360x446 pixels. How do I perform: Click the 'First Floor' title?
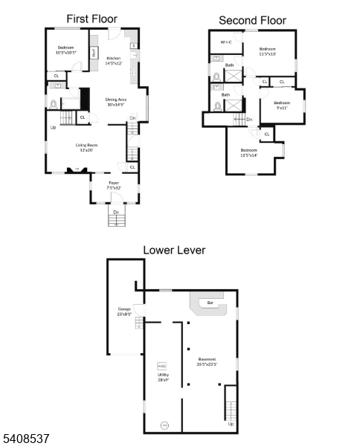(91, 18)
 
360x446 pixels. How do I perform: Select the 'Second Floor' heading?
(251, 20)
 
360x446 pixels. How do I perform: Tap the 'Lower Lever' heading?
(174, 251)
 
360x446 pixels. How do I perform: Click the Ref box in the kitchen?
(94, 53)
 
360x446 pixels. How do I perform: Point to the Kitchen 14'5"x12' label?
(113, 60)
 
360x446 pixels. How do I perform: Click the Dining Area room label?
(115, 102)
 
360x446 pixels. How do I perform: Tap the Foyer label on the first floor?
(114, 185)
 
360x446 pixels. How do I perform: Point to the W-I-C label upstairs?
(227, 42)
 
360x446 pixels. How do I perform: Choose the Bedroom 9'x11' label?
(282, 106)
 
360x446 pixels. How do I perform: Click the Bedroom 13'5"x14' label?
(248, 152)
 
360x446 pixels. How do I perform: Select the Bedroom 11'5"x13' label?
(267, 51)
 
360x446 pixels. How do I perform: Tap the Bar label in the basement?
(210, 303)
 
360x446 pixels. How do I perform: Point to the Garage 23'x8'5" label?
(124, 311)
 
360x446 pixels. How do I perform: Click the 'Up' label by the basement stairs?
(230, 424)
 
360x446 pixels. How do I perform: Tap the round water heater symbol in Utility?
(165, 425)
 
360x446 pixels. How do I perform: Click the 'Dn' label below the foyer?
(115, 213)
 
